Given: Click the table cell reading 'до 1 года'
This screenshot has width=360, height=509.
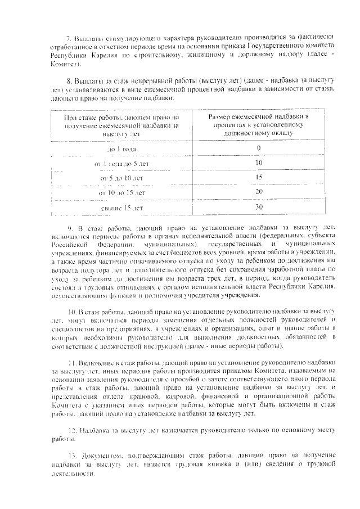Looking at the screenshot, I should pos(121,149).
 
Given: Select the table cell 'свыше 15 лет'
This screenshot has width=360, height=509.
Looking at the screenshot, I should pos(121,208).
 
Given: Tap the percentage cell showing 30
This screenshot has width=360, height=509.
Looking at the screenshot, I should pos(259,208).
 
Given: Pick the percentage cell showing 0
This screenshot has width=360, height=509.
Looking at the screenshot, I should pos(259,148).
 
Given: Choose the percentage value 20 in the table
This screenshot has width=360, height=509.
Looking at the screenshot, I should pos(259,192).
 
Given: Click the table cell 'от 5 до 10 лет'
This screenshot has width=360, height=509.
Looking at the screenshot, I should pos(121,178).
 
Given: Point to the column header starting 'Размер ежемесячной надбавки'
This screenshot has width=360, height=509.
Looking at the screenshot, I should pos(259,125).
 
